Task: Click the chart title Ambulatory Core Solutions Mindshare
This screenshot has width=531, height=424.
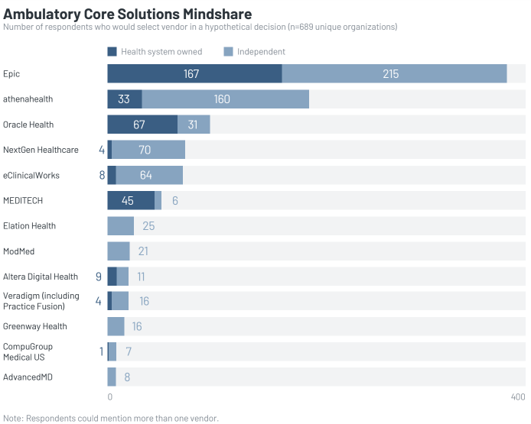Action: (x=128, y=15)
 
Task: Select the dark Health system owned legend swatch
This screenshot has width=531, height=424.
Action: (x=112, y=52)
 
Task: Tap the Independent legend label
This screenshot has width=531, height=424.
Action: (x=261, y=52)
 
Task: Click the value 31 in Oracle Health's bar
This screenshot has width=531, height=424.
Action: (x=194, y=125)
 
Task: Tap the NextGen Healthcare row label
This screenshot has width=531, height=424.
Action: (x=41, y=150)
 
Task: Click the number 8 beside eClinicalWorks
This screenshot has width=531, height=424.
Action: (x=102, y=175)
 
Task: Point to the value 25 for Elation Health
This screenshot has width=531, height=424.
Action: (x=148, y=226)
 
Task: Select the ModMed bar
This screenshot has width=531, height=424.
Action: (x=119, y=251)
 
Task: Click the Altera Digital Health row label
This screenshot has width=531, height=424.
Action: (x=41, y=277)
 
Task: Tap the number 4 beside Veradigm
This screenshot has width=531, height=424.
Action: (x=98, y=301)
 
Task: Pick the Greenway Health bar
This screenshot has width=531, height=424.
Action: (x=116, y=326)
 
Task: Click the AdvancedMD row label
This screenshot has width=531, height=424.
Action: (x=28, y=377)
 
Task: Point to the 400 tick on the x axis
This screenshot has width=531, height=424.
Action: (x=518, y=397)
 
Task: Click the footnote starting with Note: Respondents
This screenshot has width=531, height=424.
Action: (x=111, y=418)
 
